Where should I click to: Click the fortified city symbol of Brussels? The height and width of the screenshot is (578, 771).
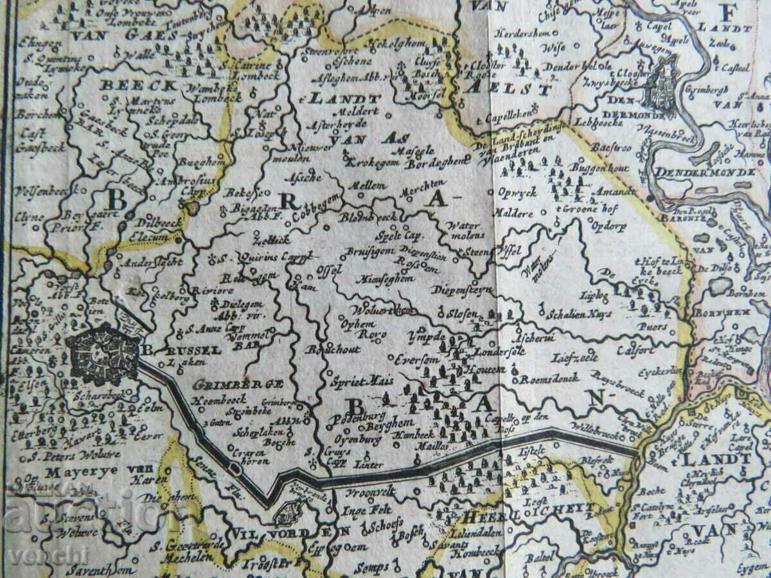click(103, 354)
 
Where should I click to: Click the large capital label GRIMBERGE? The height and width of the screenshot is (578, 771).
click(237, 384)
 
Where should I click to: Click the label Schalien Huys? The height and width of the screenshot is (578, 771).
click(578, 314)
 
